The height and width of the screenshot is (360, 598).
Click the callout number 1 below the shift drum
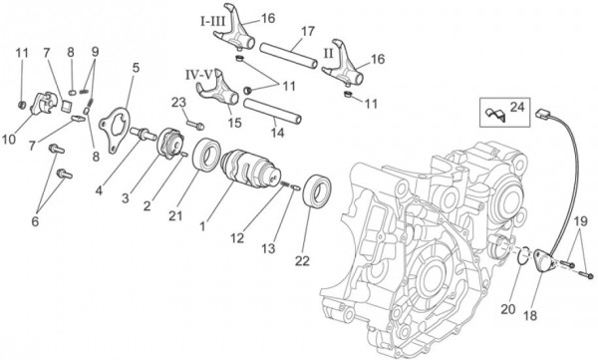pyautogui.click(x=203, y=227)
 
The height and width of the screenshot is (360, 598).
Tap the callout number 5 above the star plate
pyautogui.click(x=137, y=68)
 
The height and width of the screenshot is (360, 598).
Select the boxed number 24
pyautogui.click(x=516, y=108)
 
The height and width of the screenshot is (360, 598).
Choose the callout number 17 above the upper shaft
pyautogui.click(x=306, y=30)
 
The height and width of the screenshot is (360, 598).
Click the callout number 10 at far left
pyautogui.click(x=10, y=139)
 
